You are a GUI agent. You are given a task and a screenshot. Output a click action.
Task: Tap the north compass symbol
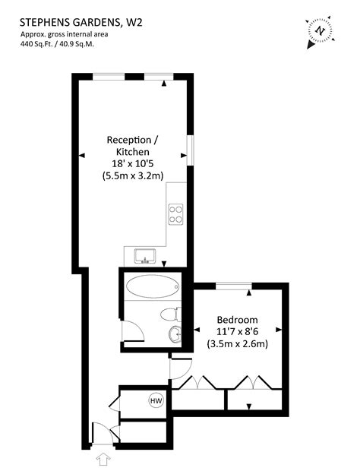click(321, 31)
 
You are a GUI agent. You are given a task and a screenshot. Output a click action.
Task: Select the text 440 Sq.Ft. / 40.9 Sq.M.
click(62, 44)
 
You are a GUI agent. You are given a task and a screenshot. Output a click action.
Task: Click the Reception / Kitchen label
click(133, 146)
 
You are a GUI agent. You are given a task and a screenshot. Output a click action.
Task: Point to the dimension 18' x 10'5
click(133, 163)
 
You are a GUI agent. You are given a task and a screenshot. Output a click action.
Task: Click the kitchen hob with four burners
click(176, 213)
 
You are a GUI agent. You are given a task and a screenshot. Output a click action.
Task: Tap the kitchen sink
click(144, 255)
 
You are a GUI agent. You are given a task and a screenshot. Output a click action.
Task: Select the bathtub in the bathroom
click(152, 287)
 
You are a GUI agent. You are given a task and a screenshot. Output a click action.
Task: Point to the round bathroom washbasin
click(175, 333)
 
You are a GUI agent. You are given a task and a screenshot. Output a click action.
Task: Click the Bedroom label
click(237, 319)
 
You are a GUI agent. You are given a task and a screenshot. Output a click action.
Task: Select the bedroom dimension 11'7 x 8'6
click(237, 331)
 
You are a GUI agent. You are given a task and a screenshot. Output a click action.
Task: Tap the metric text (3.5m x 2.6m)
click(237, 343)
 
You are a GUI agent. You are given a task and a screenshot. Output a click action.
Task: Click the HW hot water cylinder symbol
click(156, 400)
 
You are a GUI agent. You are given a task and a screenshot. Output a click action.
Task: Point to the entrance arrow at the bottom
click(103, 458)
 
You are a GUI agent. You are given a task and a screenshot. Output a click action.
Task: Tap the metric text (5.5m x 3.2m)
click(133, 175)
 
